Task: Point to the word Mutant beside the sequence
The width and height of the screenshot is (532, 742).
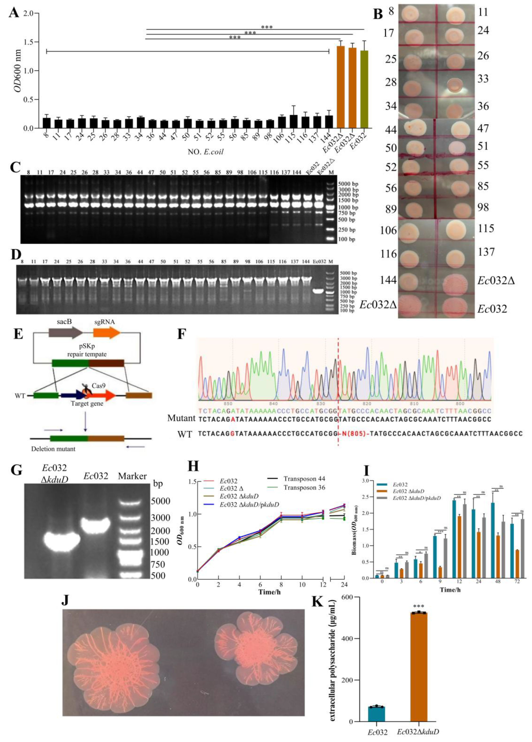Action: click(181, 418)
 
